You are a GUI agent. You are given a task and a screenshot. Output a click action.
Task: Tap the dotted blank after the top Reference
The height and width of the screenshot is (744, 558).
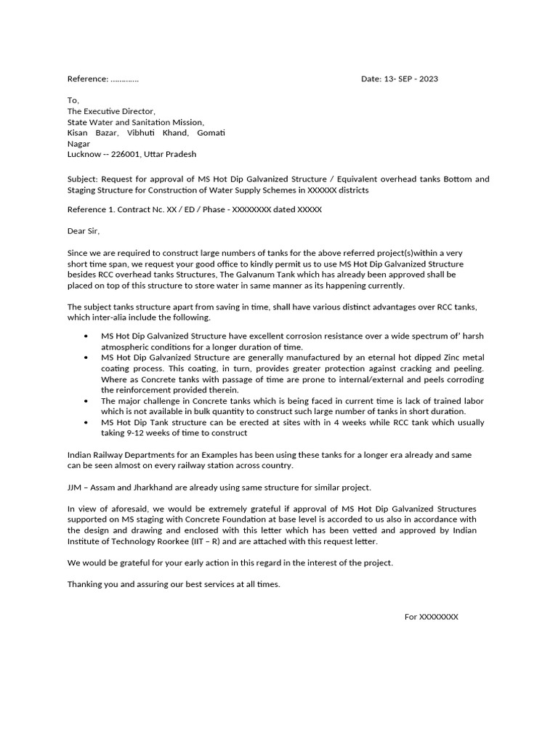tap(125, 78)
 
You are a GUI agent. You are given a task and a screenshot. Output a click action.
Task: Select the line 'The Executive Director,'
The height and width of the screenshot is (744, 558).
tap(111, 111)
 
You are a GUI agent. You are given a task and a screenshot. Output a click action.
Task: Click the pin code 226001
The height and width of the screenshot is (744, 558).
tap(125, 154)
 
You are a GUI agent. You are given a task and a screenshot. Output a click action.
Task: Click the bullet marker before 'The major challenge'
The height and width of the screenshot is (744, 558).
tap(86, 401)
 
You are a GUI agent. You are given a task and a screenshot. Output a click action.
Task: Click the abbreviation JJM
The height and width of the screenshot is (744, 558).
tap(76, 487)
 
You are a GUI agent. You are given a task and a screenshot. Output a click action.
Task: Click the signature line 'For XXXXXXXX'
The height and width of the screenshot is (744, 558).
tap(432, 617)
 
